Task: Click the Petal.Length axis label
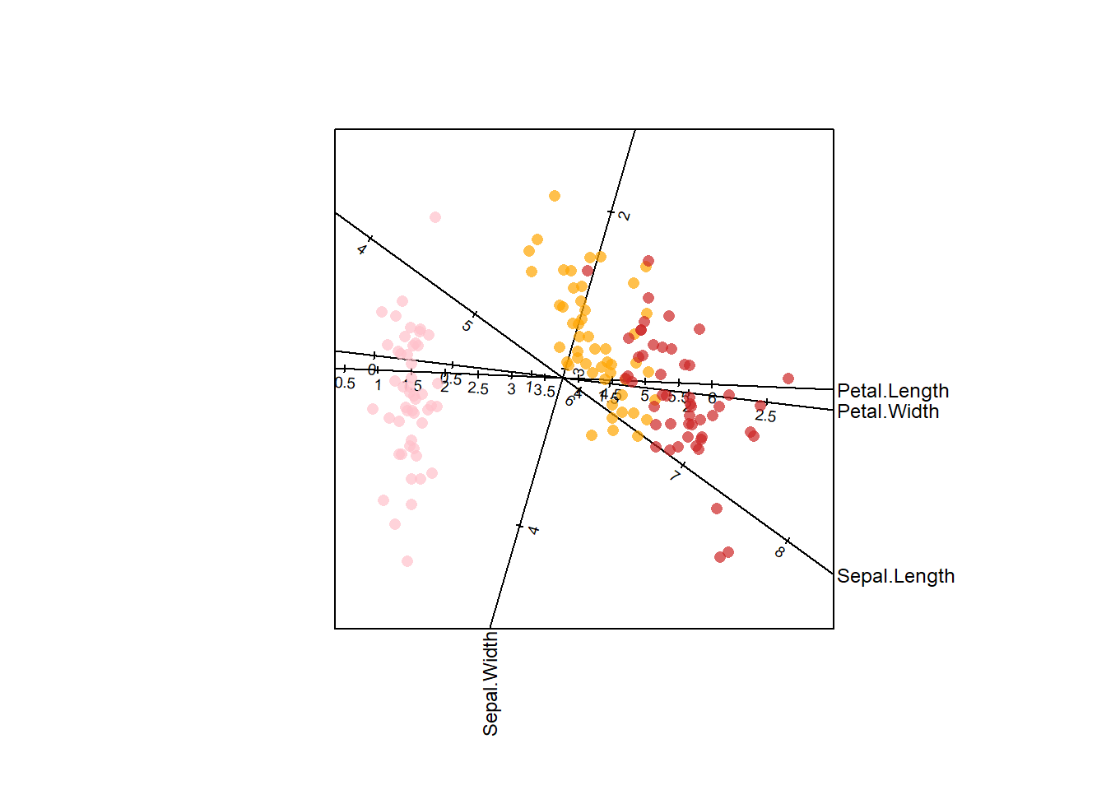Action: click(x=893, y=391)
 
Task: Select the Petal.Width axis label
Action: click(x=888, y=411)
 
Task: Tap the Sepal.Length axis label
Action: click(x=895, y=576)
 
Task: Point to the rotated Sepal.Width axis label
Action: click(x=490, y=683)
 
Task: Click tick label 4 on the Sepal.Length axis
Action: click(x=362, y=249)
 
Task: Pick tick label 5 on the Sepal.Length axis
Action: click(x=467, y=326)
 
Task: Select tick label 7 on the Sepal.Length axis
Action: click(x=676, y=475)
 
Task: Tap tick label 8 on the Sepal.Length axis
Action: click(x=779, y=552)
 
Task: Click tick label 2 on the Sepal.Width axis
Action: click(x=625, y=216)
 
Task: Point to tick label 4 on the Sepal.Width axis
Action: click(x=534, y=530)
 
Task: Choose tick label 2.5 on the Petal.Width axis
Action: click(x=765, y=416)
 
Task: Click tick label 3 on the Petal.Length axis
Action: click(x=511, y=389)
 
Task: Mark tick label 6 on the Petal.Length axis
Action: click(x=712, y=399)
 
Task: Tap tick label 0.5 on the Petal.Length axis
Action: click(x=345, y=383)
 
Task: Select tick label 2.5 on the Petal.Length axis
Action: click(x=478, y=389)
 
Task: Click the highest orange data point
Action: click(x=555, y=196)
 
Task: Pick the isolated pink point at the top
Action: click(x=435, y=217)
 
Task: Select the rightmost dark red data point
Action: click(x=788, y=379)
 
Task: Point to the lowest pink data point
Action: click(x=407, y=561)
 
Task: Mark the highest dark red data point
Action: click(x=648, y=261)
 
